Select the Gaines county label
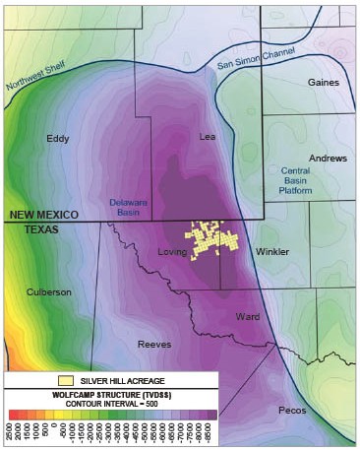click(323, 82)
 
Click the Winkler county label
click(272, 252)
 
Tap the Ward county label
click(248, 316)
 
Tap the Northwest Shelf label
click(31, 94)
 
